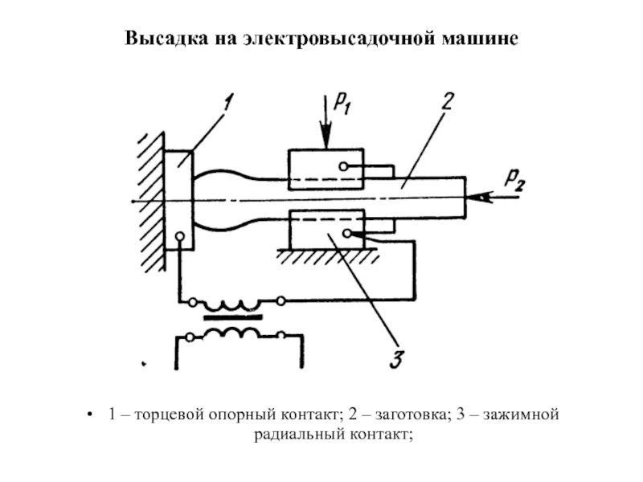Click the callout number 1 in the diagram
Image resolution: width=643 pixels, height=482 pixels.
[227, 104]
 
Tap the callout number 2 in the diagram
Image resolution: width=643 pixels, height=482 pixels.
[448, 102]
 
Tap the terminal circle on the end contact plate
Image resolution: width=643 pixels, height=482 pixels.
[179, 237]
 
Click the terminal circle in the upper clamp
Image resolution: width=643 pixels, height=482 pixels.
[344, 167]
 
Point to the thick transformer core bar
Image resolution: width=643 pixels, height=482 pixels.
[232, 317]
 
